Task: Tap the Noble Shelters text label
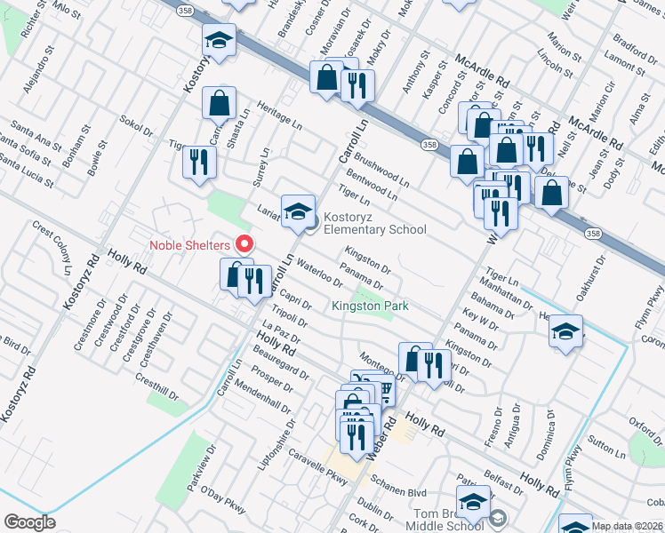pos(189,245)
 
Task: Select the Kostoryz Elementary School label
pos(374,223)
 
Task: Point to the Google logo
pos(29,522)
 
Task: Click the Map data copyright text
pos(628,526)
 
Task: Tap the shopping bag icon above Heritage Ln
pos(219,103)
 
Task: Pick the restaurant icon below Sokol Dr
pos(198,163)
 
